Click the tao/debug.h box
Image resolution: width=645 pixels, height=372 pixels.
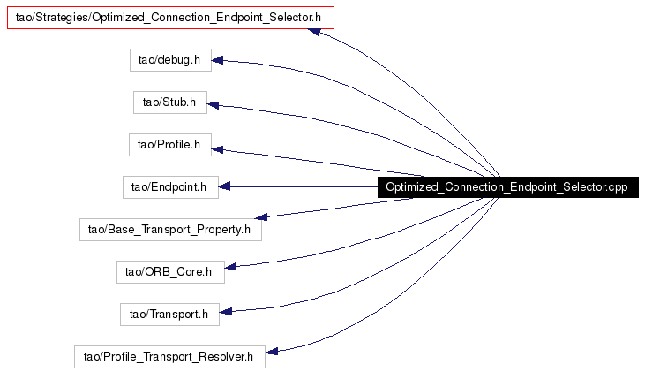click(x=170, y=60)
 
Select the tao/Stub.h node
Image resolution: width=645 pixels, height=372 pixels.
click(x=170, y=102)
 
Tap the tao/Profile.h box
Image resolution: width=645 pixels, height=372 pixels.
click(x=170, y=145)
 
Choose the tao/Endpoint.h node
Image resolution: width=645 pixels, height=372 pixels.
click(x=170, y=187)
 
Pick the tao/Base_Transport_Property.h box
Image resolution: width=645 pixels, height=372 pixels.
click(x=170, y=230)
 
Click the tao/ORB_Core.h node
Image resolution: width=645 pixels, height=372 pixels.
click(x=170, y=272)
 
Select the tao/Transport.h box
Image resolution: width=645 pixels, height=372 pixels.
click(x=170, y=315)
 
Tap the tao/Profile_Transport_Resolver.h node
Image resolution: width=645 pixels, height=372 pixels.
click(x=170, y=357)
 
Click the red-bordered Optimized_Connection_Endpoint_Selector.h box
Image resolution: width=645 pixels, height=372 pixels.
click(x=170, y=18)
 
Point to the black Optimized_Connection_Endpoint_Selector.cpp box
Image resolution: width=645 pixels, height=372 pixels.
click(x=508, y=187)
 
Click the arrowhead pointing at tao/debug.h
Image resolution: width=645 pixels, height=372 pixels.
click(x=217, y=61)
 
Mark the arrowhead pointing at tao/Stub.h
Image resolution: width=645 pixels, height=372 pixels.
click(x=213, y=105)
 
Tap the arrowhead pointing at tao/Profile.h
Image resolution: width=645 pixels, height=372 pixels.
click(x=217, y=149)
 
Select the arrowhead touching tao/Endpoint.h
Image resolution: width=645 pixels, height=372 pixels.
click(x=224, y=187)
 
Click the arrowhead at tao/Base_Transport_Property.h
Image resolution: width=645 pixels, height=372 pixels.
click(x=261, y=216)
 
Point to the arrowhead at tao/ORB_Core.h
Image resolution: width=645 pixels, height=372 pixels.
click(x=230, y=267)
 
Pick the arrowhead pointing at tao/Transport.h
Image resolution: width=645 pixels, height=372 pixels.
click(x=225, y=311)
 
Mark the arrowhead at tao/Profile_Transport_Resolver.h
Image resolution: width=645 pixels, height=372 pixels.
click(x=272, y=352)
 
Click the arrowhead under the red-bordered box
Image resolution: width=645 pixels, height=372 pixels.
click(x=314, y=31)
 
